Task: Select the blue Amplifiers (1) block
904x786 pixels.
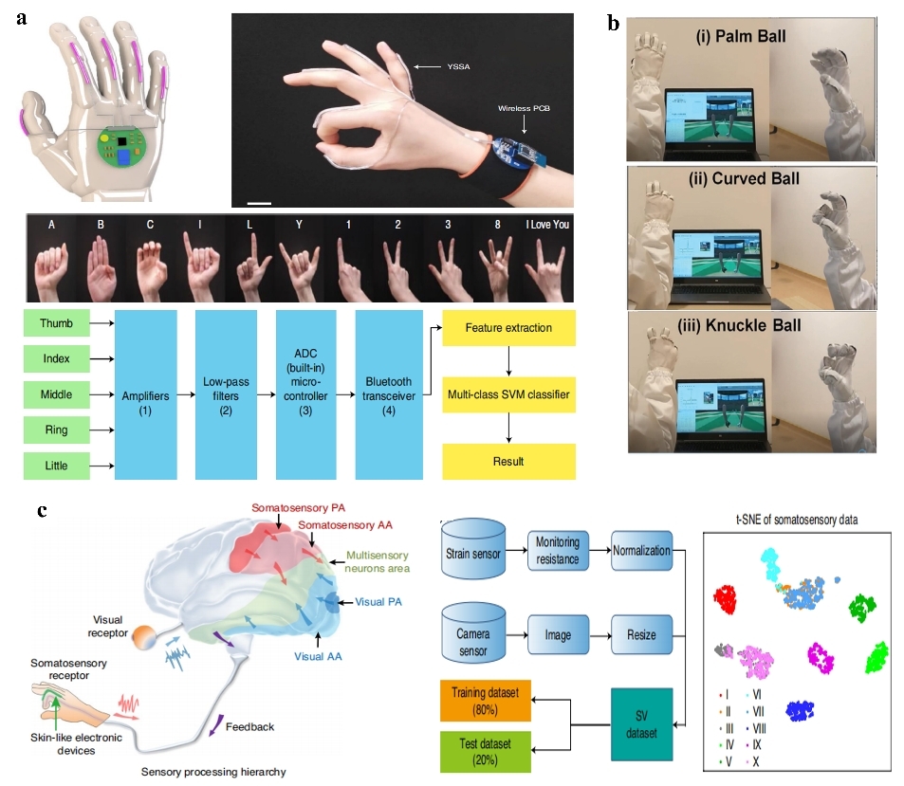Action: [145, 393]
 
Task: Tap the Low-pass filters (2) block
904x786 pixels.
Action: [226, 393]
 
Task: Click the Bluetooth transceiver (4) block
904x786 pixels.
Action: [388, 393]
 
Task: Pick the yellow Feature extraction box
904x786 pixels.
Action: [508, 327]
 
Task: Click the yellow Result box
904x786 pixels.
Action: [508, 461]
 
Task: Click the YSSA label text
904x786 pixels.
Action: [459, 66]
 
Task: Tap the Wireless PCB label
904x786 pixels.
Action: [524, 108]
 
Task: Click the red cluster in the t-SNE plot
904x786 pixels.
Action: [727, 600]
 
